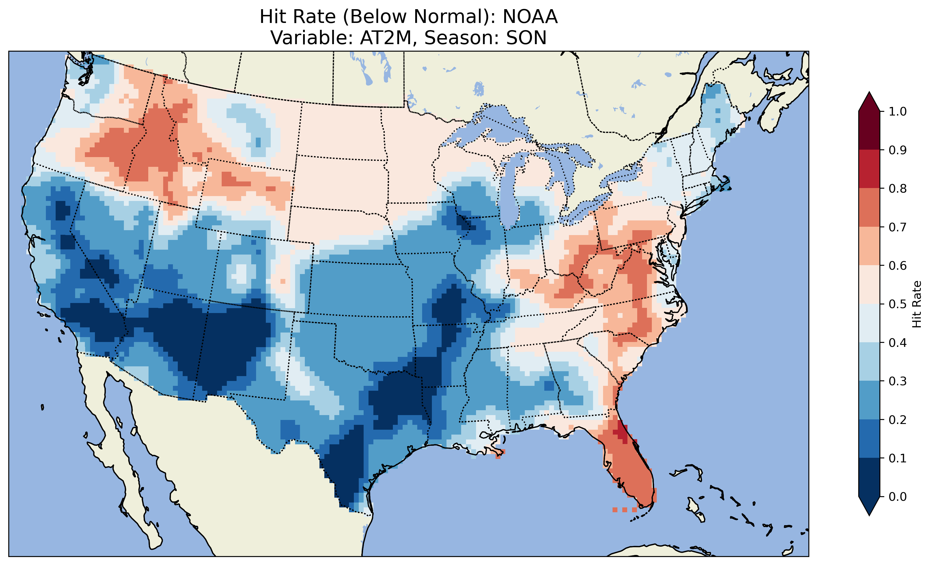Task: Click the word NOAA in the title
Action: pyautogui.click(x=530, y=17)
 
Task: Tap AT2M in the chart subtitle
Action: pyautogui.click(x=385, y=38)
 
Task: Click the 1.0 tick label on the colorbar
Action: pyautogui.click(x=898, y=112)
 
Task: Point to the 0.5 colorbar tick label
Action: pyautogui.click(x=898, y=304)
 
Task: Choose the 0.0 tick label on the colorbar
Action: pyautogui.click(x=898, y=496)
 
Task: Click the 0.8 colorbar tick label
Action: pyautogui.click(x=898, y=188)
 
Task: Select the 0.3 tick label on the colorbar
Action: pyautogui.click(x=898, y=381)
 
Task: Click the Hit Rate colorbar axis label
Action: pyautogui.click(x=917, y=304)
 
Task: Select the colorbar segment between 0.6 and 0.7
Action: pyautogui.click(x=869, y=246)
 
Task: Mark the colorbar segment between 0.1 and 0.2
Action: pyautogui.click(x=869, y=439)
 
